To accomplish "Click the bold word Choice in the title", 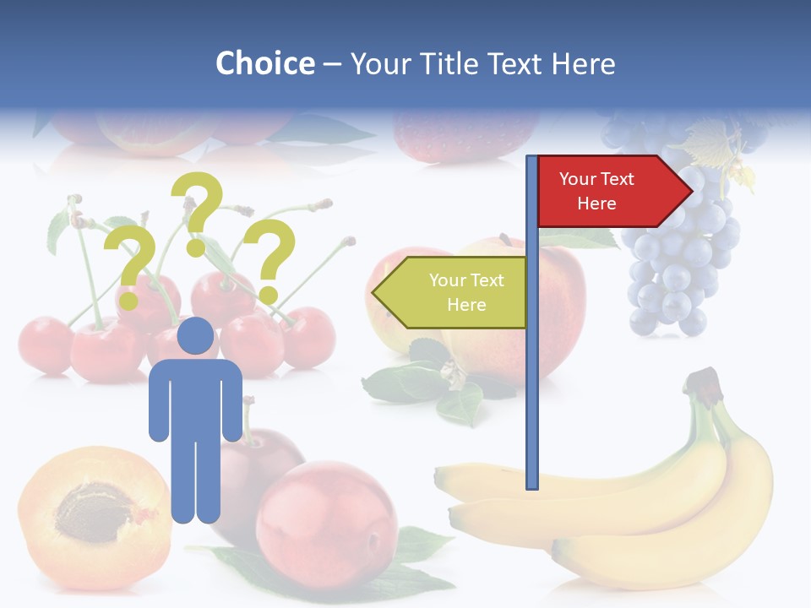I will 264,63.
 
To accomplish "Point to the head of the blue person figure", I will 195,336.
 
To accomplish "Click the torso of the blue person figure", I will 195,397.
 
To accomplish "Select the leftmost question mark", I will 129,258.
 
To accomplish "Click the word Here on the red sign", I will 596,204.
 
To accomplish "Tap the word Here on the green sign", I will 466,305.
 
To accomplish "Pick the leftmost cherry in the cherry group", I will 44,345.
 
